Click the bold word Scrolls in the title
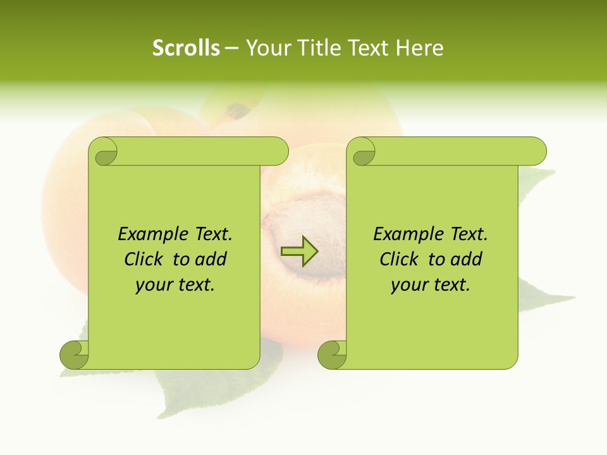click(186, 48)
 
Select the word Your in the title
click(266, 48)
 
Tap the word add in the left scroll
click(211, 259)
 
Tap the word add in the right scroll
click(467, 259)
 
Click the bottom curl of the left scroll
click(73, 355)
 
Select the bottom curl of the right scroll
click(331, 355)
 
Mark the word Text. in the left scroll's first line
click(211, 234)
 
